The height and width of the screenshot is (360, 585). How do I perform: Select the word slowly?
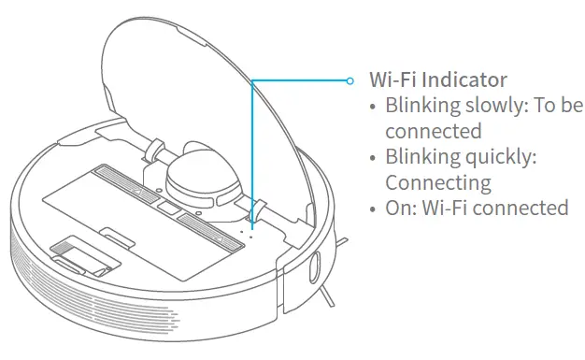(x=494, y=105)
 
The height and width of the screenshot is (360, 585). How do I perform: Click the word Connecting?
(x=438, y=181)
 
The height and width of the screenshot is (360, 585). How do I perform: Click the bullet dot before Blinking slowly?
(x=375, y=106)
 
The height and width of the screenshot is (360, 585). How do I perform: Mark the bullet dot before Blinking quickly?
(x=375, y=157)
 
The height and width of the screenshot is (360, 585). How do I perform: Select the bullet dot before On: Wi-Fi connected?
(x=375, y=208)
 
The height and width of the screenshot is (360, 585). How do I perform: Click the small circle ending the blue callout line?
(x=350, y=80)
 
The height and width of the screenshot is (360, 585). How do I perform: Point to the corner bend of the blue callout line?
(x=252, y=81)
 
